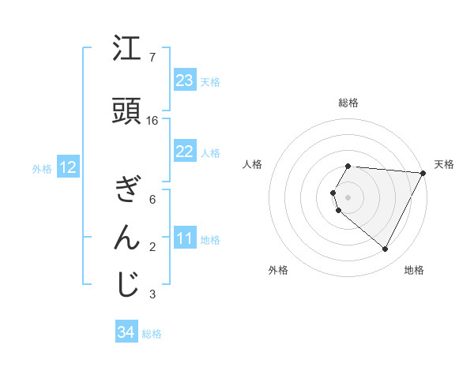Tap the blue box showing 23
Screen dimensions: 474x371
pyautogui.click(x=185, y=81)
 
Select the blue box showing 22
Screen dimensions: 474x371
pyautogui.click(x=185, y=152)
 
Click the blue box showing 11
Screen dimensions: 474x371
pyautogui.click(x=185, y=239)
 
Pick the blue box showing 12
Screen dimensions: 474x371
pyautogui.click(x=68, y=167)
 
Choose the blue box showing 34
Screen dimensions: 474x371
pyautogui.click(x=126, y=333)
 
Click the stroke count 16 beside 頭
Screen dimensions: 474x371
pyautogui.click(x=152, y=121)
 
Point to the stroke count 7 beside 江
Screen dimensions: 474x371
pyautogui.click(x=152, y=58)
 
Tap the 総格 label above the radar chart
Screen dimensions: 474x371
pyautogui.click(x=348, y=103)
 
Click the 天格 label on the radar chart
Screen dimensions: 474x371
pyautogui.click(x=444, y=164)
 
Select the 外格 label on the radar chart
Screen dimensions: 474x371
pyautogui.click(x=278, y=270)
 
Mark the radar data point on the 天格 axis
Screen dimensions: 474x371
pyautogui.click(x=423, y=173)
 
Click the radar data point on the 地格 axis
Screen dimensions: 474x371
pyautogui.click(x=386, y=249)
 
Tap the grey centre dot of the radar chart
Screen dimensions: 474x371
pyautogui.click(x=348, y=197)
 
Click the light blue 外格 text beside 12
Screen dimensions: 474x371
pyautogui.click(x=42, y=168)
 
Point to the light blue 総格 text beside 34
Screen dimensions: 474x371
pyautogui.click(x=152, y=334)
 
